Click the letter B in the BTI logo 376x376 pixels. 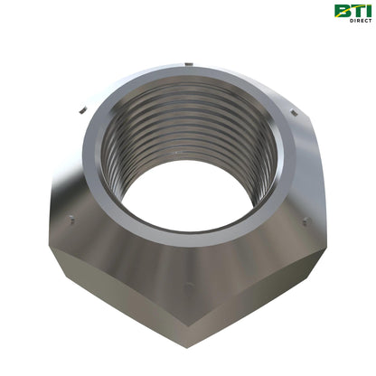click(343, 11)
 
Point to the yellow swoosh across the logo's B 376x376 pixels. click(343, 12)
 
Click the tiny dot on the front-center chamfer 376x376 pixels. click(187, 287)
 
